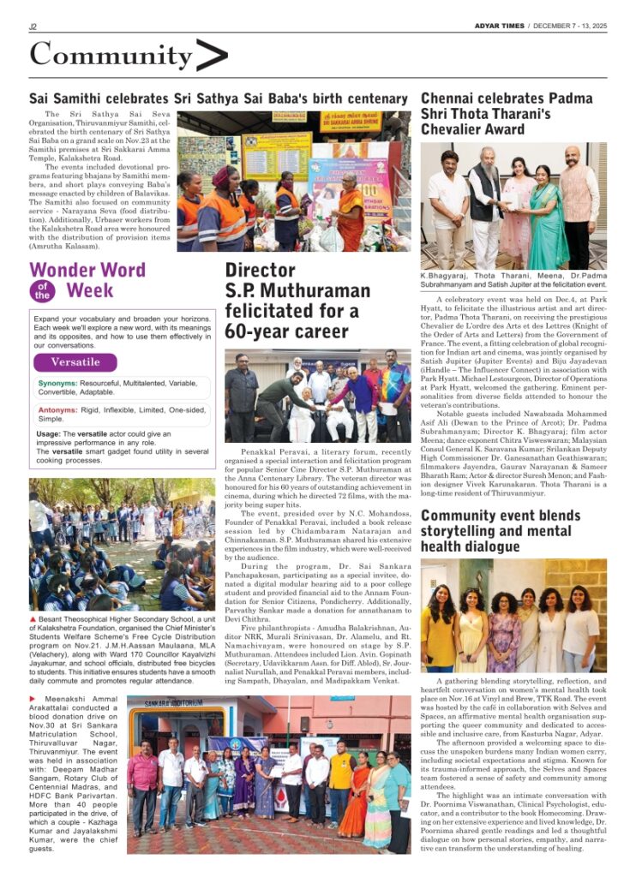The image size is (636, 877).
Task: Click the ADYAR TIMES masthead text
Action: coord(501,26)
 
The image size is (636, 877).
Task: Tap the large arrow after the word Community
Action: coord(212,56)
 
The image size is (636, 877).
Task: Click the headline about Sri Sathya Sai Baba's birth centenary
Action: coord(218,98)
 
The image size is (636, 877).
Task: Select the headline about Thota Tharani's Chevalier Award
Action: coord(507,114)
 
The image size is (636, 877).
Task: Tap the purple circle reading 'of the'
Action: coord(41,291)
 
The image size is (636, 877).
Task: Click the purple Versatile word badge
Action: coord(75,361)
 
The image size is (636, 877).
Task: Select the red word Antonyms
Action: coord(57,409)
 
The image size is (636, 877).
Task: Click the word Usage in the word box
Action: coord(49,434)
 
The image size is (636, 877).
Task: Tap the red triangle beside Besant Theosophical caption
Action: coord(33,619)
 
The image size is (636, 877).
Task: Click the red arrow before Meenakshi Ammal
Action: coord(33,700)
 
